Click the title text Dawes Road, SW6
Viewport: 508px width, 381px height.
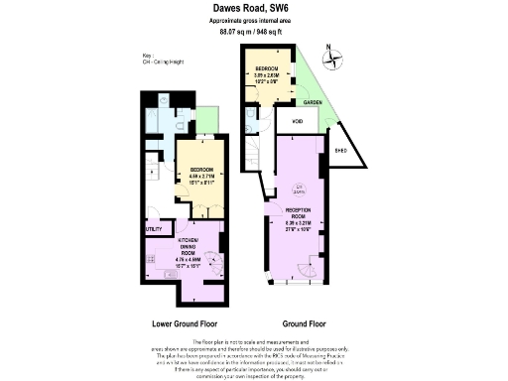click(x=254, y=8)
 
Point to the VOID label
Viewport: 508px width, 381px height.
click(x=297, y=121)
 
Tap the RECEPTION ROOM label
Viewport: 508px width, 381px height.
click(x=299, y=211)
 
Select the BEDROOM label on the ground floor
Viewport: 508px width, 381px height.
click(x=267, y=68)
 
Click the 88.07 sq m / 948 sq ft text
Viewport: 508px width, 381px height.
click(x=254, y=32)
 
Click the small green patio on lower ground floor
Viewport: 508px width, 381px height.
click(x=207, y=119)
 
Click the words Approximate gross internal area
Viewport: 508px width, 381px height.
click(x=254, y=21)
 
